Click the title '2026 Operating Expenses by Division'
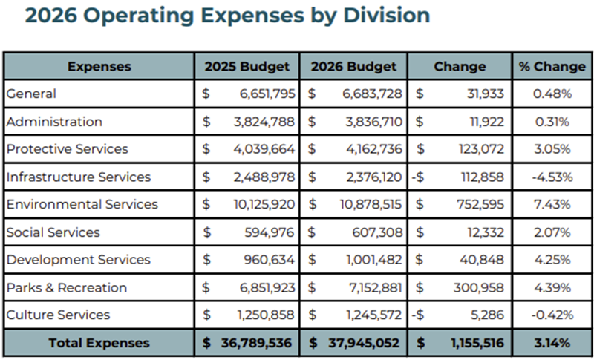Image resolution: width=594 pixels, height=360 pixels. (x=227, y=16)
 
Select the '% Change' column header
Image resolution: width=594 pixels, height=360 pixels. (x=552, y=66)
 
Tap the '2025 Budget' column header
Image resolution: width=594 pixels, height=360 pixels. (x=247, y=66)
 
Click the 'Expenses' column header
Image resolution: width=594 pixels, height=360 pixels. (x=99, y=66)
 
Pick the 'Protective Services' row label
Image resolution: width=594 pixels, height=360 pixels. (x=68, y=149)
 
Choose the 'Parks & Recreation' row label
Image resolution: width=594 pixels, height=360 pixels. (x=67, y=287)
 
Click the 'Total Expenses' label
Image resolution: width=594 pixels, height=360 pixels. (x=99, y=343)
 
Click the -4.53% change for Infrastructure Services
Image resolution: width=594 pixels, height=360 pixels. (x=552, y=177)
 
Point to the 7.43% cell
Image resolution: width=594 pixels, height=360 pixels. (x=552, y=204)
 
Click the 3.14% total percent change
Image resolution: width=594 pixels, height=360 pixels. (x=552, y=343)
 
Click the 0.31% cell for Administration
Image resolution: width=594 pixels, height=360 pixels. (x=552, y=122)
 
